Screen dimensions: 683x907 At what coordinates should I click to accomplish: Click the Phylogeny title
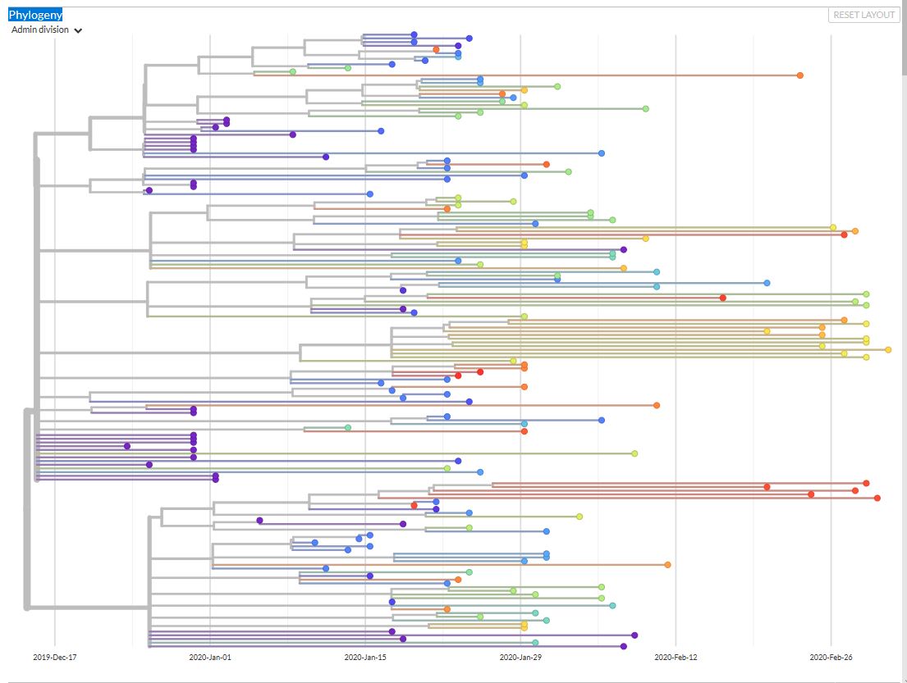(x=35, y=15)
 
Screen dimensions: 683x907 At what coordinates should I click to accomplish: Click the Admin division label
(x=40, y=30)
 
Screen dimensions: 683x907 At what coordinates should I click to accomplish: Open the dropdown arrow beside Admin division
(x=78, y=30)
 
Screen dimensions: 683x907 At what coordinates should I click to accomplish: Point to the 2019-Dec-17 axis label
(x=55, y=657)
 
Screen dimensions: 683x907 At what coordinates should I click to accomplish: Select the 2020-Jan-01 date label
(x=210, y=657)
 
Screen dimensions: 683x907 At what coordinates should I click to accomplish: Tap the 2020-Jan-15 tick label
(x=365, y=657)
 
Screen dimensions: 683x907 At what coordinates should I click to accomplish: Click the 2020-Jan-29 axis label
(x=520, y=657)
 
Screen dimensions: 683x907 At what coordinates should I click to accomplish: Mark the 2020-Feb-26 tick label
(x=831, y=657)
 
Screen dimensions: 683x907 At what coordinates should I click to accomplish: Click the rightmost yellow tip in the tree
(x=888, y=350)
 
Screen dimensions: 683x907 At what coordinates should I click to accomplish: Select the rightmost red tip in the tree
(x=877, y=498)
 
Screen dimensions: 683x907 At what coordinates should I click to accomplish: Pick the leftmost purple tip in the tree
(x=127, y=446)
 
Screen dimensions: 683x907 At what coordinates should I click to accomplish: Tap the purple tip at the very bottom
(x=624, y=647)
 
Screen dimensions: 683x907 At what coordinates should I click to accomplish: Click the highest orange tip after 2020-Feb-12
(x=800, y=75)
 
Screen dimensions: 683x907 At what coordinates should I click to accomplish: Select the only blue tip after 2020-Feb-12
(x=767, y=283)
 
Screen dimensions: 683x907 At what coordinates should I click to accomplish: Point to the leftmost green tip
(x=293, y=71)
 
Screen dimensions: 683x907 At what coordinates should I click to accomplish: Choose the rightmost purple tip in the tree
(x=635, y=635)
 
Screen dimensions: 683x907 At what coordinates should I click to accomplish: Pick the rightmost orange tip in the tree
(x=855, y=231)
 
